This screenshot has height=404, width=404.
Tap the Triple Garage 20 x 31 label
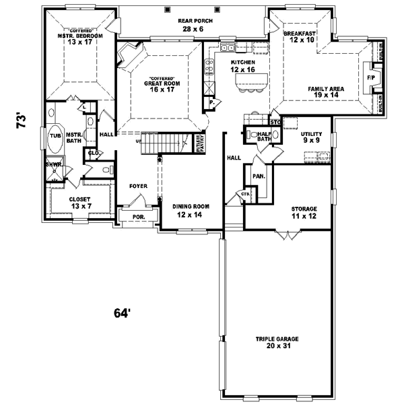tap(276, 343)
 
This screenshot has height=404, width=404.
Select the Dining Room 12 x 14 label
tap(190, 210)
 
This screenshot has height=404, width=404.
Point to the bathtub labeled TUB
tap(54, 136)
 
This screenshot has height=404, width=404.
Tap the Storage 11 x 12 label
tap(304, 212)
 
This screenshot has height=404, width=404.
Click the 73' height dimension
tap(22, 122)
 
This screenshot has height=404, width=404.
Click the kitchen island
tap(245, 82)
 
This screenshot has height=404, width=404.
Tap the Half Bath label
tap(263, 136)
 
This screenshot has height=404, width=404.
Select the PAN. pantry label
tap(258, 176)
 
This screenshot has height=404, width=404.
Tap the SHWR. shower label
tap(53, 164)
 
